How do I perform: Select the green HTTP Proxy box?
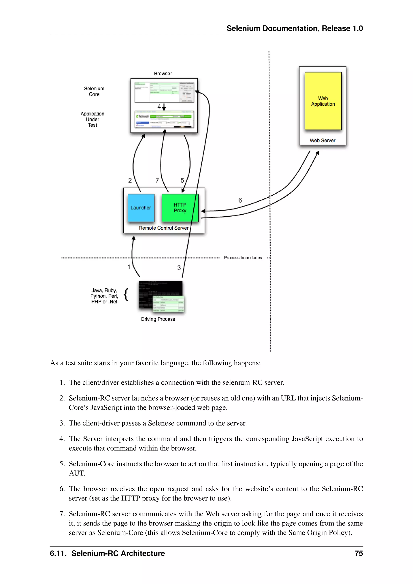(x=180, y=208)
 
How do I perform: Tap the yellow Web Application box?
(x=323, y=101)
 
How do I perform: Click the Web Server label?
(x=322, y=140)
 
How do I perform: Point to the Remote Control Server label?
(x=164, y=228)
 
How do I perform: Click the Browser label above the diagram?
(x=163, y=74)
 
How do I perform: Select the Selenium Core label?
(x=94, y=91)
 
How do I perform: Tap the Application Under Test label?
(x=92, y=119)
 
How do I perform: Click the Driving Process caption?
(x=158, y=319)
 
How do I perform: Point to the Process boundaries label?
(x=243, y=258)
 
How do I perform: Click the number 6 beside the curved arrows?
(x=240, y=200)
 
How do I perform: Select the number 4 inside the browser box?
(x=159, y=106)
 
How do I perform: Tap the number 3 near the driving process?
(x=179, y=268)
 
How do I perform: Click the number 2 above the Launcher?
(x=130, y=180)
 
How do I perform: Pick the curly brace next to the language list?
(x=126, y=295)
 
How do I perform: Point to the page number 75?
(x=359, y=554)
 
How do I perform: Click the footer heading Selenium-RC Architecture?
(x=118, y=554)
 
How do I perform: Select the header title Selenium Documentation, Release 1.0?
(x=294, y=28)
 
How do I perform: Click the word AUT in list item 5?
(x=77, y=473)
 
